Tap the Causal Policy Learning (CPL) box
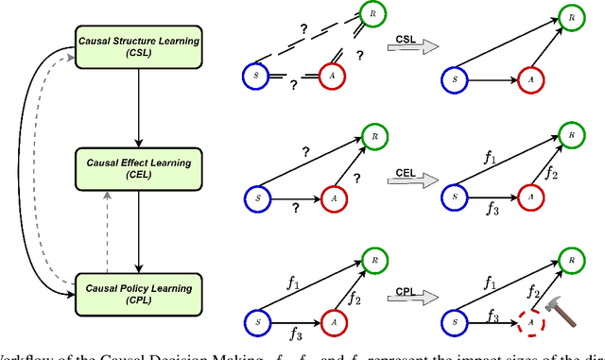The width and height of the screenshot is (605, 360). coord(138,291)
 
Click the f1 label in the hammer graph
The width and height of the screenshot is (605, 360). coord(490,281)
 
